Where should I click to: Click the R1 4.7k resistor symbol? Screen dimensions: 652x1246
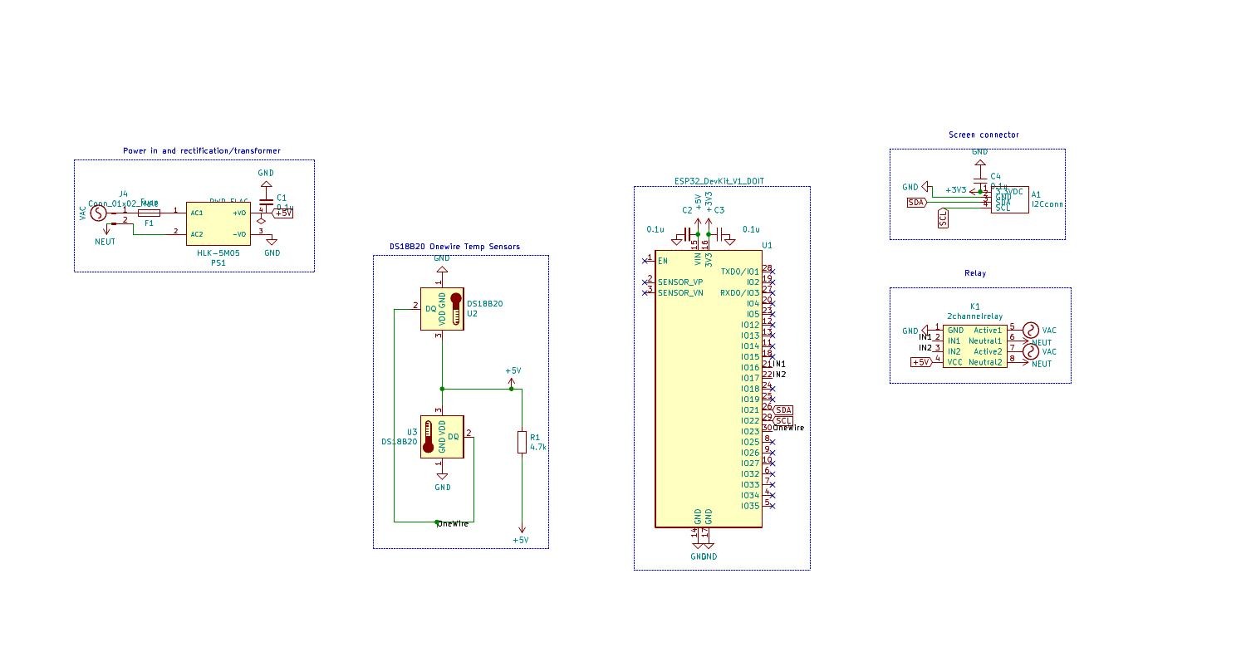click(x=522, y=442)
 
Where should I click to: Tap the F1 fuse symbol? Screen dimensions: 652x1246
click(x=150, y=213)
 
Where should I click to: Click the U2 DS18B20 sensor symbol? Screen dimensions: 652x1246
click(x=442, y=308)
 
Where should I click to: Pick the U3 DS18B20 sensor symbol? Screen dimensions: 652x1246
click(x=442, y=436)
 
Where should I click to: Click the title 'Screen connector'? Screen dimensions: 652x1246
click(x=984, y=135)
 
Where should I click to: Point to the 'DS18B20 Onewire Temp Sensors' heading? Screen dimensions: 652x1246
click(x=454, y=247)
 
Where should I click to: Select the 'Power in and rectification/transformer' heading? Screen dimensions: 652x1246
click(x=201, y=151)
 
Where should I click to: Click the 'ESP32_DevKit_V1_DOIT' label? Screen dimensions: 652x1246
click(x=719, y=181)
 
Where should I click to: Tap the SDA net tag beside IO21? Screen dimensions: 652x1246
click(x=783, y=410)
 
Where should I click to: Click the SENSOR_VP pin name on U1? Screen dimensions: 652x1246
click(x=680, y=282)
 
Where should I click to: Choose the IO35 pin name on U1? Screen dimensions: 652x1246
click(x=749, y=506)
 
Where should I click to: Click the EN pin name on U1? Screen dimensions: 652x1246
click(x=663, y=261)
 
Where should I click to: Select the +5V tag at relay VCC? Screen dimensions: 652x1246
click(x=920, y=362)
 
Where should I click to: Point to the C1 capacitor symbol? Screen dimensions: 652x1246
click(x=266, y=202)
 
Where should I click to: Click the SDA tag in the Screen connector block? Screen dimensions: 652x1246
click(x=916, y=202)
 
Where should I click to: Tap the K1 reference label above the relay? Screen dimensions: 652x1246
click(x=975, y=306)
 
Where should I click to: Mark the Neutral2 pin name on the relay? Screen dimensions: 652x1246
click(x=985, y=362)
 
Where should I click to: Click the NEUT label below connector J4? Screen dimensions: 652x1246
click(x=105, y=243)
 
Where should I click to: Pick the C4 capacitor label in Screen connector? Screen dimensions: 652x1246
click(x=995, y=177)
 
